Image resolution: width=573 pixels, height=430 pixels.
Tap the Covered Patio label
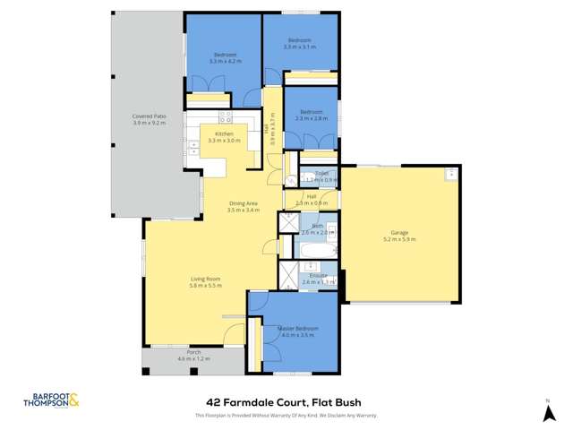(x=149, y=116)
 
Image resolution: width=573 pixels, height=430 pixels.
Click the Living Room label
(x=205, y=278)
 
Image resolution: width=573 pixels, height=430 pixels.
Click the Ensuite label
(x=318, y=275)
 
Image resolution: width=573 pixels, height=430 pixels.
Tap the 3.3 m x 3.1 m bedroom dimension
(x=299, y=46)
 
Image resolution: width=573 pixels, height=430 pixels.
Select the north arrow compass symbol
(x=548, y=411)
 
